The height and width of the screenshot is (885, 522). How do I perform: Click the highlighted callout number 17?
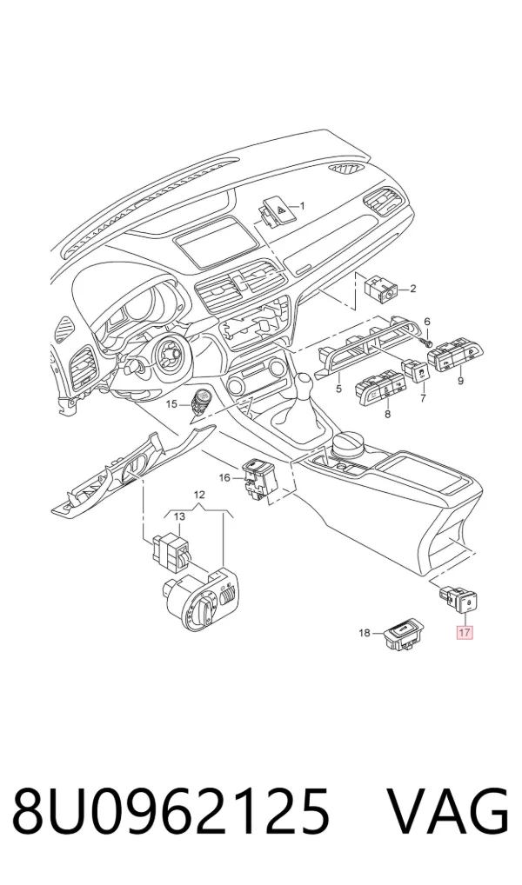click(x=464, y=632)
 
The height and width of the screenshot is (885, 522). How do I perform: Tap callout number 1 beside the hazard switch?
click(x=302, y=205)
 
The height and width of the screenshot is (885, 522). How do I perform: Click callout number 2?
click(x=412, y=289)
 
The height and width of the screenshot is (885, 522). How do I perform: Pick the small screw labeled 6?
click(x=428, y=342)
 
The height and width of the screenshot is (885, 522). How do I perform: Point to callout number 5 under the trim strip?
click(x=338, y=389)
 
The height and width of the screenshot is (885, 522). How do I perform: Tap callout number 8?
click(x=387, y=415)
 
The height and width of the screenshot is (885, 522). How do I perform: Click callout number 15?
click(x=171, y=404)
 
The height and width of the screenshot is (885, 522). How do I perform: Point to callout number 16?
click(x=224, y=478)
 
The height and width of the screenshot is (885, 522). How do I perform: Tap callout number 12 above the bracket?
click(x=199, y=495)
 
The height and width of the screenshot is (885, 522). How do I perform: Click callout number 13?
click(x=179, y=516)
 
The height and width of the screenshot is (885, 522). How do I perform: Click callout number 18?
click(x=365, y=633)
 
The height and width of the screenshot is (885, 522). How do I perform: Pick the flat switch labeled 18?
click(x=402, y=635)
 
